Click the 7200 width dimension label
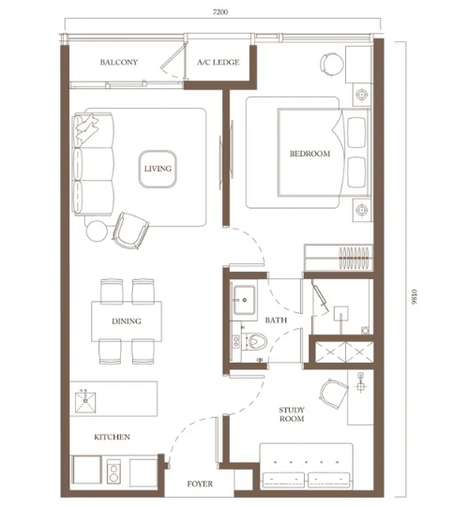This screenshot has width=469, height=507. tap(220, 12)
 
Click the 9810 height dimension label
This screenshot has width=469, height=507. tap(415, 296)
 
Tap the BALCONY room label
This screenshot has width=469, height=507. tap(119, 62)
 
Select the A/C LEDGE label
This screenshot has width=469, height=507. tap(219, 62)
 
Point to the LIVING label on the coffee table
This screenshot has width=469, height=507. tap(158, 169)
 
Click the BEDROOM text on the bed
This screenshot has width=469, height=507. tap(310, 154)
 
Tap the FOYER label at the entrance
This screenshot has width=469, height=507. tap(200, 485)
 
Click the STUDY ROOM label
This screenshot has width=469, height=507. tap(292, 414)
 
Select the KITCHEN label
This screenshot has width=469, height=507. tap(112, 437)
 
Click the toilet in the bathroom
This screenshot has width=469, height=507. tap(255, 341)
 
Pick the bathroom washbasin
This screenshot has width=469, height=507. tap(244, 300)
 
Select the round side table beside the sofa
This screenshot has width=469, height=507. tap(97, 231)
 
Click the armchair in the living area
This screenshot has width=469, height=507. tap(130, 231)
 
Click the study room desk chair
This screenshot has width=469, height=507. tap(333, 395)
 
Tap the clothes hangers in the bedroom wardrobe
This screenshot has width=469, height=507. tap(354, 258)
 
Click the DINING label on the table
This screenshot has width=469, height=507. tap(127, 321)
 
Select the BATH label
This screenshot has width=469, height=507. tap(276, 321)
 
